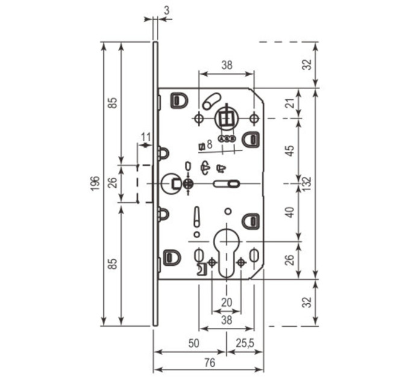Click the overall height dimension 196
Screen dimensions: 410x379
coord(96,183)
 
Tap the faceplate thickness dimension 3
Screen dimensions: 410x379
coord(166,10)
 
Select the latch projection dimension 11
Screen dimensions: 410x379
coord(146,137)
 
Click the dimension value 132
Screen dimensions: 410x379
coord(307,183)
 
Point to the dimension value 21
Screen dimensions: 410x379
coord(292,103)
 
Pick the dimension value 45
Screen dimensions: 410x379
coord(291,150)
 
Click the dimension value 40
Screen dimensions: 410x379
coord(291,212)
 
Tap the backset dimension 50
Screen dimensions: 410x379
coord(194,344)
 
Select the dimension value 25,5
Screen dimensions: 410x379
coord(245,344)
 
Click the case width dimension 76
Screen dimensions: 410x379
coord(210,363)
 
